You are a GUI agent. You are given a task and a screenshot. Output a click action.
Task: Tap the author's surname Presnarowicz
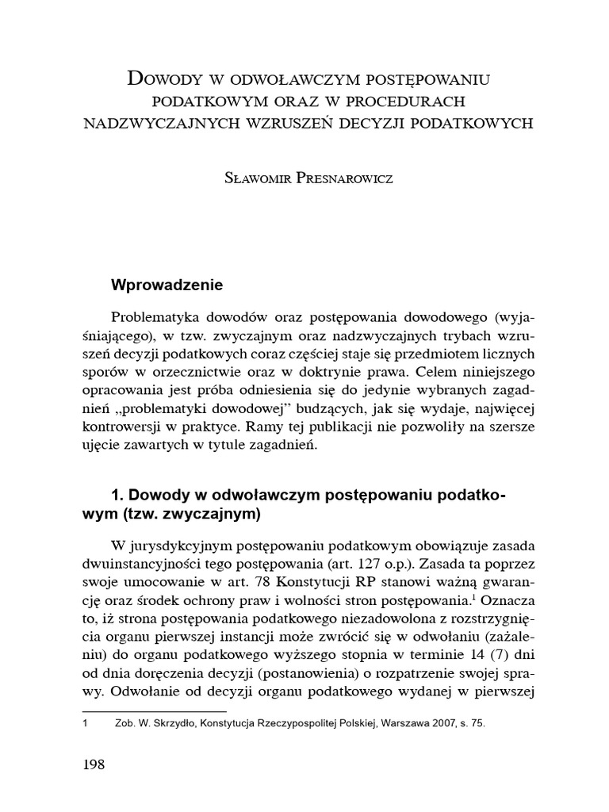(342, 178)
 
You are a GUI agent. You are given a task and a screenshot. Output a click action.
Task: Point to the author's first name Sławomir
(255, 178)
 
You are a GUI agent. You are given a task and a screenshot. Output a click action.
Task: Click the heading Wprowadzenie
(167, 284)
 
